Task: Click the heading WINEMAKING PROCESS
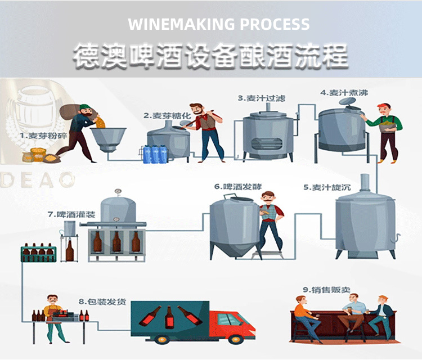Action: pos(218,24)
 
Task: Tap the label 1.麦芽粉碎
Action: pos(41,136)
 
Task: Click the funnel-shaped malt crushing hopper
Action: pos(108,138)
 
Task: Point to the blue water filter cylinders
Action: pos(154,154)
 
